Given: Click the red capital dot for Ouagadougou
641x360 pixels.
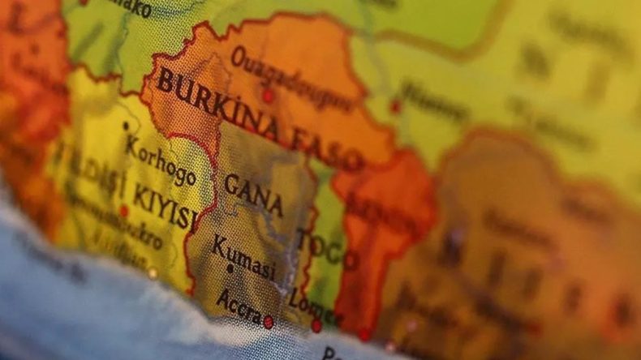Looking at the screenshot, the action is (268, 96).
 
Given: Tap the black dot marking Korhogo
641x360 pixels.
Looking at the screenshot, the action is (126, 126).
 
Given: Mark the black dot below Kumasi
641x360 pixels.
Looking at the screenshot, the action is (230, 269).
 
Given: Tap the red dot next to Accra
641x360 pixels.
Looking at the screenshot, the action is (269, 322).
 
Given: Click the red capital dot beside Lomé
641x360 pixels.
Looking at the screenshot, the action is (316, 326).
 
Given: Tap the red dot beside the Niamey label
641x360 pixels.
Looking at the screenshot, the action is (395, 106).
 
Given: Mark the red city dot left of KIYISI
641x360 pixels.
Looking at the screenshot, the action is (123, 211).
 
